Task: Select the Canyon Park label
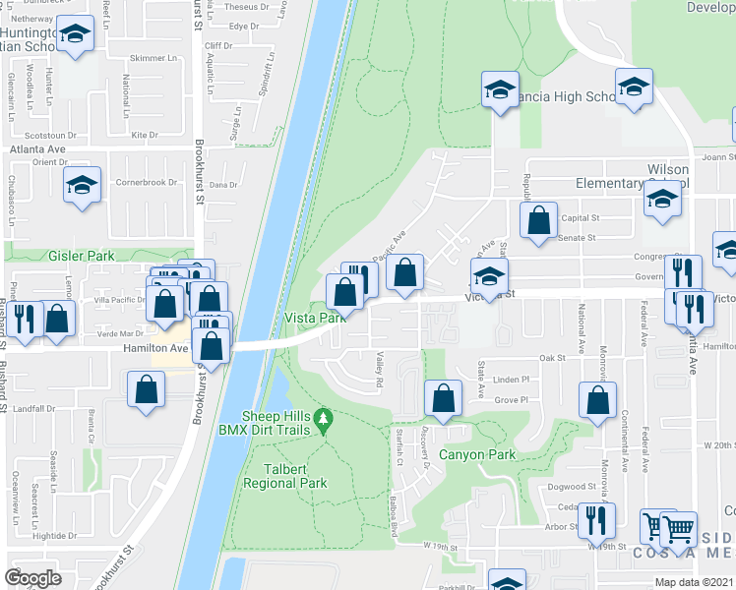[476, 455]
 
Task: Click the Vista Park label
[315, 318]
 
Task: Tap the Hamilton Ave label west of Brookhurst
[155, 348]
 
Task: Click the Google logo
[32, 578]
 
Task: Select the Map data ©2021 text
[695, 582]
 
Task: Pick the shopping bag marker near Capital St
[538, 221]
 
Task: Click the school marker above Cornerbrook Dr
[82, 185]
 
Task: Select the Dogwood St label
[571, 486]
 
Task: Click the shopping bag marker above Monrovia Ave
[597, 399]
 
